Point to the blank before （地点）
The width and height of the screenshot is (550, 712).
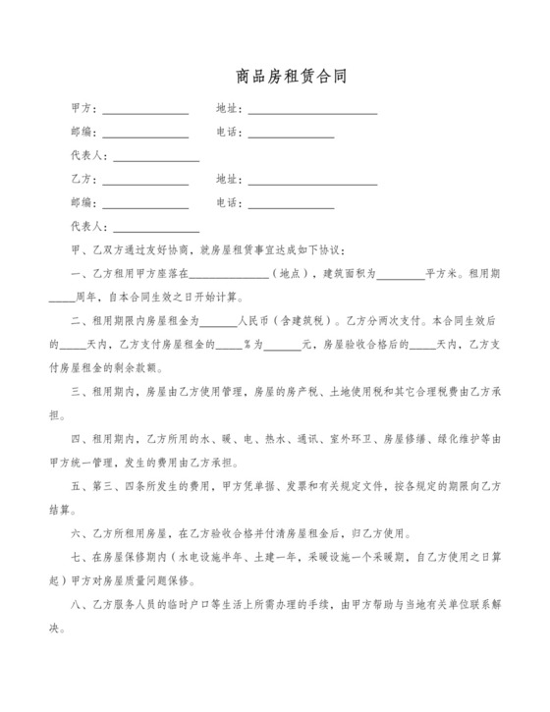(235, 277)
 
